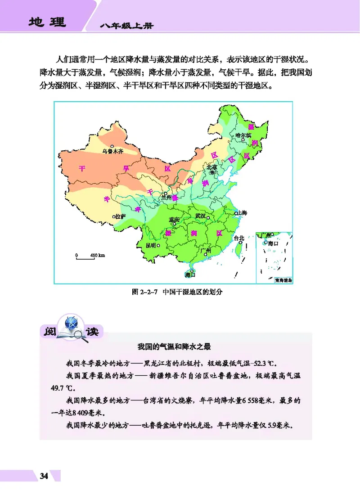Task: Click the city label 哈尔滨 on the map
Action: pos(243,135)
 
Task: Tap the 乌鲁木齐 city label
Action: pos(112,152)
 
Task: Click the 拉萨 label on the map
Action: pos(121,216)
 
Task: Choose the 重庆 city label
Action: pos(174,220)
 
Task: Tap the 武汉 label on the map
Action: pos(200,216)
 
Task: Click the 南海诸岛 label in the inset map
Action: pos(283,280)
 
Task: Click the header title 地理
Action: pos(46,22)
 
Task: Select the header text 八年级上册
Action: pos(127,26)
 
